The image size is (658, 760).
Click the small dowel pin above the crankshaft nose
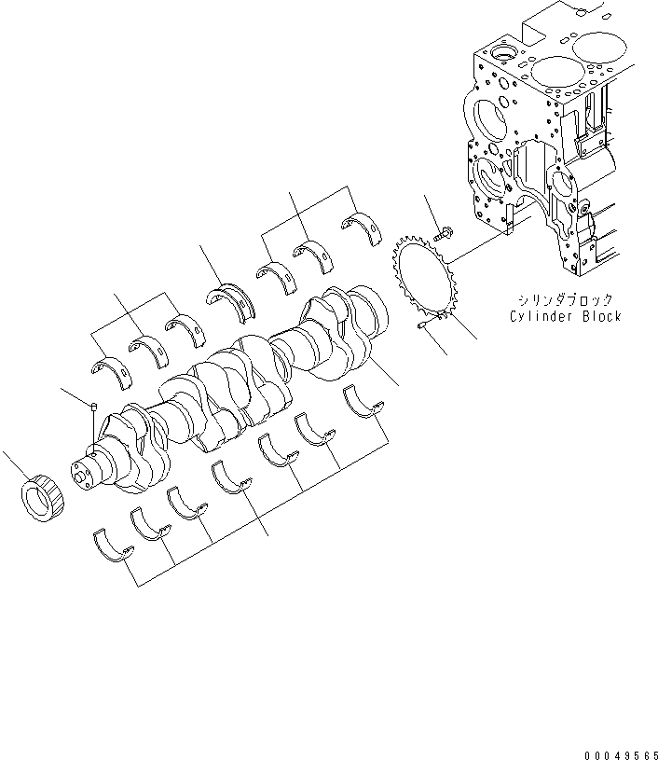(94, 405)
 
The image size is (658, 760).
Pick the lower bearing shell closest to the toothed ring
(364, 403)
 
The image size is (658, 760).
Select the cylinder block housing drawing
(550, 149)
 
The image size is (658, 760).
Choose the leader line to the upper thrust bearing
(210, 265)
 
